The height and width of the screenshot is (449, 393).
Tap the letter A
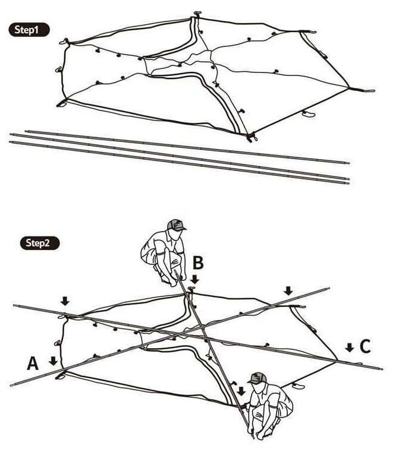coord(33,363)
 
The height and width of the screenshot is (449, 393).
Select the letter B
coord(198,262)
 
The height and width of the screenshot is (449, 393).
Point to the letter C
coord(366,346)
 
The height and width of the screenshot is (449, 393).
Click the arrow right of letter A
coord(53,360)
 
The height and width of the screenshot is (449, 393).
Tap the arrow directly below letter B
coord(196,279)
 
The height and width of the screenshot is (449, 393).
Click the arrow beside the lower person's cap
coord(241,390)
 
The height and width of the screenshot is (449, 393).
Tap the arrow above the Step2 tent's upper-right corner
coord(288,290)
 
